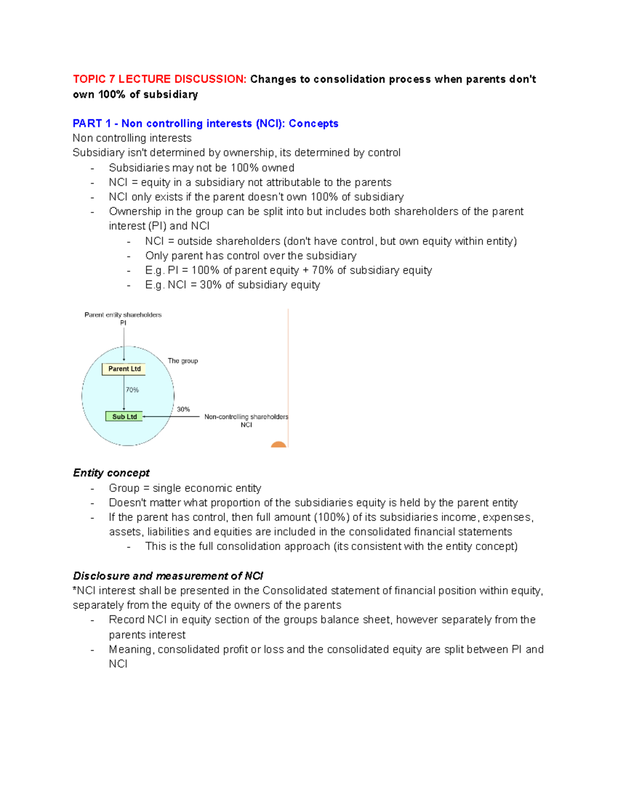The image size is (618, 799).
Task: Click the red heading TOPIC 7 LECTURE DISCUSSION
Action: click(x=160, y=79)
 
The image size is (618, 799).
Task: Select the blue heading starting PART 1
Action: click(x=205, y=123)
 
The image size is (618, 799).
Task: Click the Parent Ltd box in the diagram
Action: click(x=124, y=369)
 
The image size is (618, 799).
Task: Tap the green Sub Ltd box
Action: click(x=124, y=417)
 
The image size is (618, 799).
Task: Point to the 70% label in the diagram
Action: click(x=132, y=390)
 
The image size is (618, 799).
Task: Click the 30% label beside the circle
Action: click(x=183, y=410)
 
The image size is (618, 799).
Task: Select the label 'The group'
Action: click(x=183, y=361)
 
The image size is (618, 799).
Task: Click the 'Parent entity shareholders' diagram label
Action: click(x=123, y=315)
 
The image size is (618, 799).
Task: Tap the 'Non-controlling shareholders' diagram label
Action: click(x=246, y=417)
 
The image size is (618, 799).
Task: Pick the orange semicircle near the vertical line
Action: click(x=279, y=445)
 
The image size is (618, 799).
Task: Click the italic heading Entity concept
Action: click(x=111, y=473)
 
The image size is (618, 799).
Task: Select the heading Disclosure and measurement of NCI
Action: click(x=168, y=576)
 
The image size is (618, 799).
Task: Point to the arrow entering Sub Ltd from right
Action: click(x=170, y=417)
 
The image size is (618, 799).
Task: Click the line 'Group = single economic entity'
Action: click(x=185, y=488)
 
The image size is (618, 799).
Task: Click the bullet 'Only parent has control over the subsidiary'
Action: click(x=250, y=256)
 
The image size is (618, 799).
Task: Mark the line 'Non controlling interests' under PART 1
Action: click(x=132, y=138)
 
